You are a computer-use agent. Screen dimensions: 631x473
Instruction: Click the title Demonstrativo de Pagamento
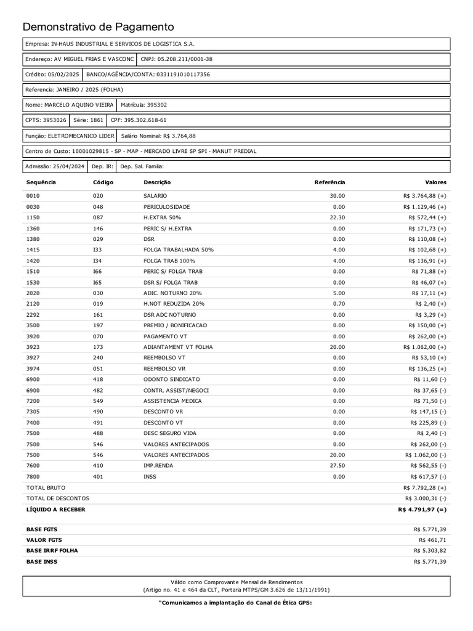point(99,27)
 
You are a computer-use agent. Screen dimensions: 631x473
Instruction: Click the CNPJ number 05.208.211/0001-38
point(187,59)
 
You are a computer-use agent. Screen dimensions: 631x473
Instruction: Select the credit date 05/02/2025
point(64,74)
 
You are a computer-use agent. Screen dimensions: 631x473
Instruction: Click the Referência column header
point(329,182)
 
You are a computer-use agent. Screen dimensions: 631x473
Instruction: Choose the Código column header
point(103,182)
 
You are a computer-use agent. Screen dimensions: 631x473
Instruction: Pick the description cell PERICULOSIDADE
point(167,206)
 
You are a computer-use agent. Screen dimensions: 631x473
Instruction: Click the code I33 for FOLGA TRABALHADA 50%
point(97,250)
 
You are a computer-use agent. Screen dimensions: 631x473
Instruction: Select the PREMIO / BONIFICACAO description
point(176,325)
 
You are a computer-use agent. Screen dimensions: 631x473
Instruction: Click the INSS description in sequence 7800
point(150,476)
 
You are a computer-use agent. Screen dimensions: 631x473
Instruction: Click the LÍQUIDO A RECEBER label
point(56,510)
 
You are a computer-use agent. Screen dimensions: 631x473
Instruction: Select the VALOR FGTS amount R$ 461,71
point(430,540)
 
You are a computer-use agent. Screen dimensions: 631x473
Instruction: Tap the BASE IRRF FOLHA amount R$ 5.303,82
point(430,550)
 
